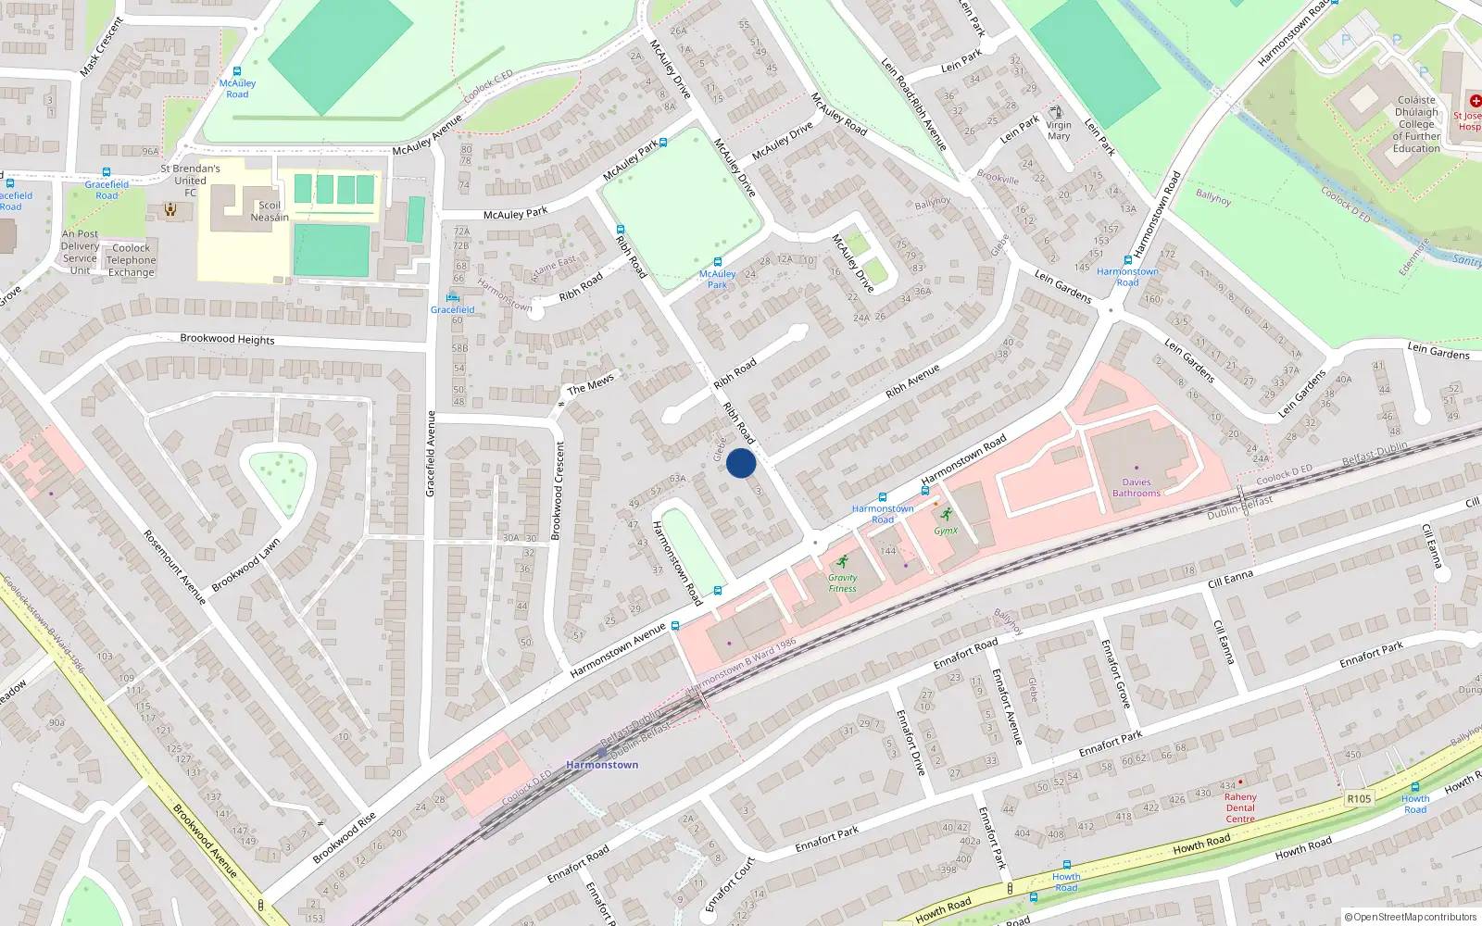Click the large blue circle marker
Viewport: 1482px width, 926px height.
[x=741, y=463]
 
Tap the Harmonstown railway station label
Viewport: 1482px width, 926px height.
[x=602, y=765]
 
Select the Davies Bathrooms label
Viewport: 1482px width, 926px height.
[x=1136, y=488]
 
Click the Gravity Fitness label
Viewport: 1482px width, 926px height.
[x=842, y=582]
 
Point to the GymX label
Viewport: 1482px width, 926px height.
[x=946, y=531]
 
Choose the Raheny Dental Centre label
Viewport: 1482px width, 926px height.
[x=1240, y=807]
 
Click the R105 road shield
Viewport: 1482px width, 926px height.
[x=1359, y=798]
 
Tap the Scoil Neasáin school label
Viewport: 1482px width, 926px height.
[x=270, y=211]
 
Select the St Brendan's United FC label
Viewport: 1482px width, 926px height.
[x=190, y=181]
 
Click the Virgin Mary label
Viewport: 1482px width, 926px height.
[x=1059, y=131]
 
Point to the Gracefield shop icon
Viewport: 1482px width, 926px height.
[x=452, y=297]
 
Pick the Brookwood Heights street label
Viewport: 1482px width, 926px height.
[x=227, y=339]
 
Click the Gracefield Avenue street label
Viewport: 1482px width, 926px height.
[x=430, y=454]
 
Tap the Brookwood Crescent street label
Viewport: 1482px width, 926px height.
[x=559, y=491]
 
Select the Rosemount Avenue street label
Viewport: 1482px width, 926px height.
[x=174, y=567]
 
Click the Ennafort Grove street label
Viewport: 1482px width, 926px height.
[x=1115, y=673]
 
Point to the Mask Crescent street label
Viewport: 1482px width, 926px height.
[x=101, y=46]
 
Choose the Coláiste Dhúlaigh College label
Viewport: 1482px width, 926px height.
[x=1416, y=124]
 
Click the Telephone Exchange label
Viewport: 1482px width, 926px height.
[x=131, y=260]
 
